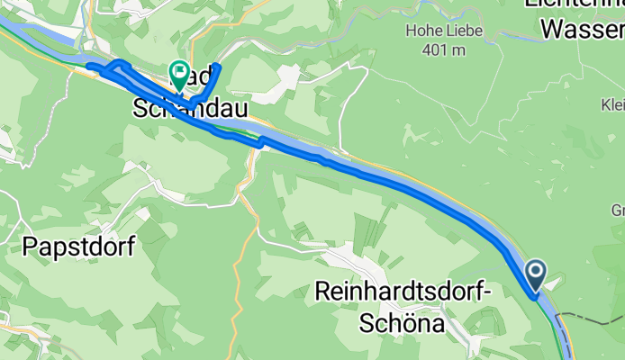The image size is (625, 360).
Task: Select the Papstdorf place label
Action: click(78, 247)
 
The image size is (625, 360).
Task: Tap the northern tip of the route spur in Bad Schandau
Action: click(217, 67)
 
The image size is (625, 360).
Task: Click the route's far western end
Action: click(88, 65)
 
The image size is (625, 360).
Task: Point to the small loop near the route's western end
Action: click(115, 69)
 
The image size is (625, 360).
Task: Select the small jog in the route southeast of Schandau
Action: click(259, 140)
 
